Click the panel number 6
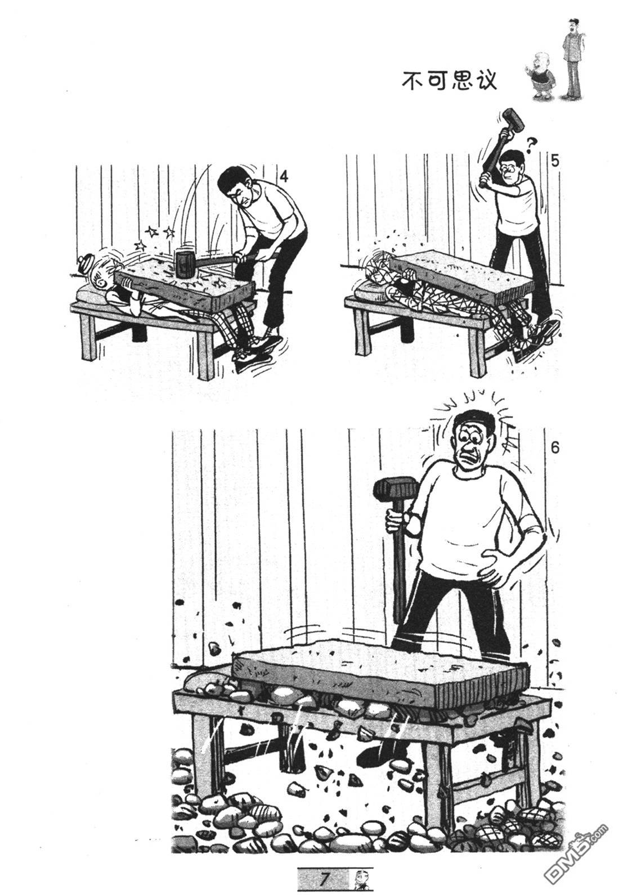pos(555,448)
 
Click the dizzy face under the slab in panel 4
pos(100,276)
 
